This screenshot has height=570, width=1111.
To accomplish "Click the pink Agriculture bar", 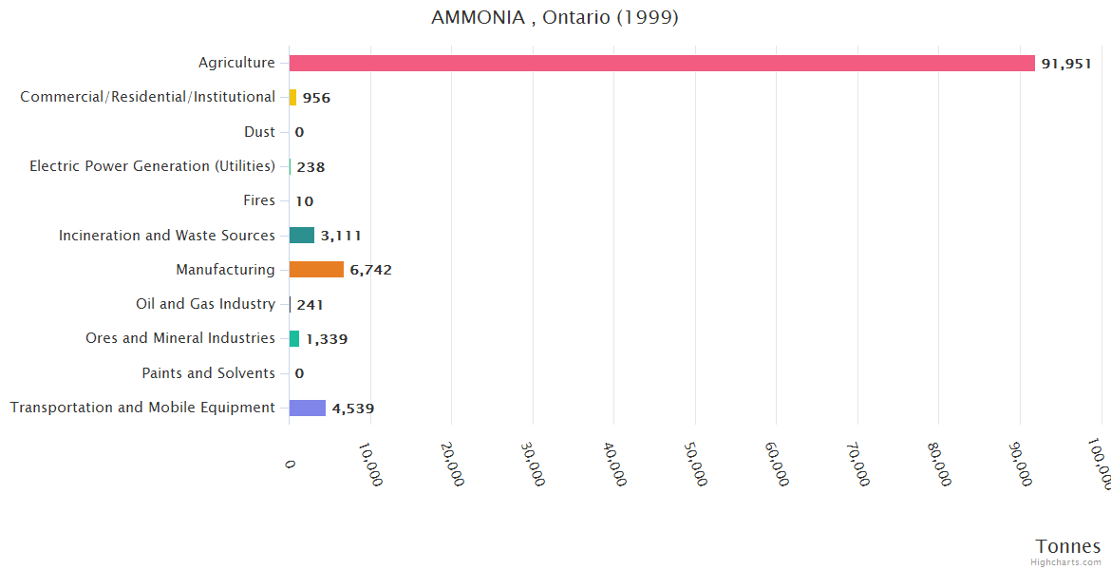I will point(662,63).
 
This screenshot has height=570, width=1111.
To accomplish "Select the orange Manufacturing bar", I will point(316,270).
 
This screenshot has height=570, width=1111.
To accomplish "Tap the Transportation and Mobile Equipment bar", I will point(308,408).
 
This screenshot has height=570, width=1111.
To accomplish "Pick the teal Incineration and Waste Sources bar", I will point(302,235).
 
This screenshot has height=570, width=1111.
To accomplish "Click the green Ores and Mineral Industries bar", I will point(294,338).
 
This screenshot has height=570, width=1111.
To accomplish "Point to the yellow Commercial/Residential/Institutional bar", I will point(293,97).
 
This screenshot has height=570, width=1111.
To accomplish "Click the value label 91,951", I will point(1066,64).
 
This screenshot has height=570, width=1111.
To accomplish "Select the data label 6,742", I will point(370,270).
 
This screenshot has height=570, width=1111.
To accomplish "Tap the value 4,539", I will point(353,408).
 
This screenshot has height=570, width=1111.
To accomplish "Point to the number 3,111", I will point(341,236).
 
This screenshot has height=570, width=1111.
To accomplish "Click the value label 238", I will point(311,167).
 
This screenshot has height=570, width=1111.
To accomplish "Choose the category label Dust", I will point(259,132).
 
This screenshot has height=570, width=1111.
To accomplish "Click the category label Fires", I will point(259,200).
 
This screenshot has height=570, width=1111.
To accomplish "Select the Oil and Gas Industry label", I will point(205,304).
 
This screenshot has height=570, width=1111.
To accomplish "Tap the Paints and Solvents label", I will point(208,373).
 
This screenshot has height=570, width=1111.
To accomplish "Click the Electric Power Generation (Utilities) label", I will point(152,166).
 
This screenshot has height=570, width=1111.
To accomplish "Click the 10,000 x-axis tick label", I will point(371,464).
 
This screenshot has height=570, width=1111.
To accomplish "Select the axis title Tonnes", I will point(1067,546).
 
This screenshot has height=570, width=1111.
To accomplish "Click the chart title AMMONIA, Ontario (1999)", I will point(555,18).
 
